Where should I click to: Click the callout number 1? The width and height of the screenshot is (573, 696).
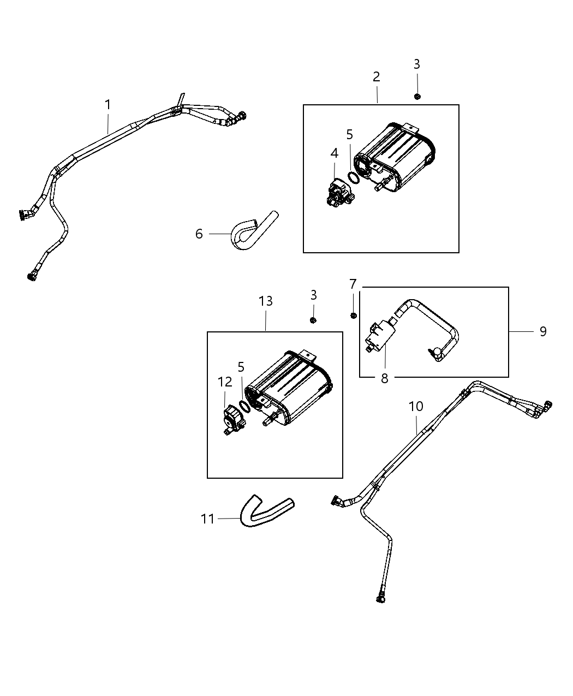(108, 104)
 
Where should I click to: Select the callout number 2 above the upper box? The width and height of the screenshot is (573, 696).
(377, 77)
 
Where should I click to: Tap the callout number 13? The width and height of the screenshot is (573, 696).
(266, 301)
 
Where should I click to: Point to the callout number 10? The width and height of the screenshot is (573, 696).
(416, 407)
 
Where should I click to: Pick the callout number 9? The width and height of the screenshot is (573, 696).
(542, 331)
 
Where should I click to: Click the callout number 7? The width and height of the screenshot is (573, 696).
(353, 284)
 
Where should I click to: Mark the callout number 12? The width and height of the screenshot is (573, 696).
(225, 382)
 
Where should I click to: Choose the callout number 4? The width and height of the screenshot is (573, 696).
(334, 154)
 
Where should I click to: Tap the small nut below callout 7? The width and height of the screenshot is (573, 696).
(354, 315)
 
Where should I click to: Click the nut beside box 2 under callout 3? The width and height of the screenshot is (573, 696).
(417, 97)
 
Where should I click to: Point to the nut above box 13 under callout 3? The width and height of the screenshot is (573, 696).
(313, 320)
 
